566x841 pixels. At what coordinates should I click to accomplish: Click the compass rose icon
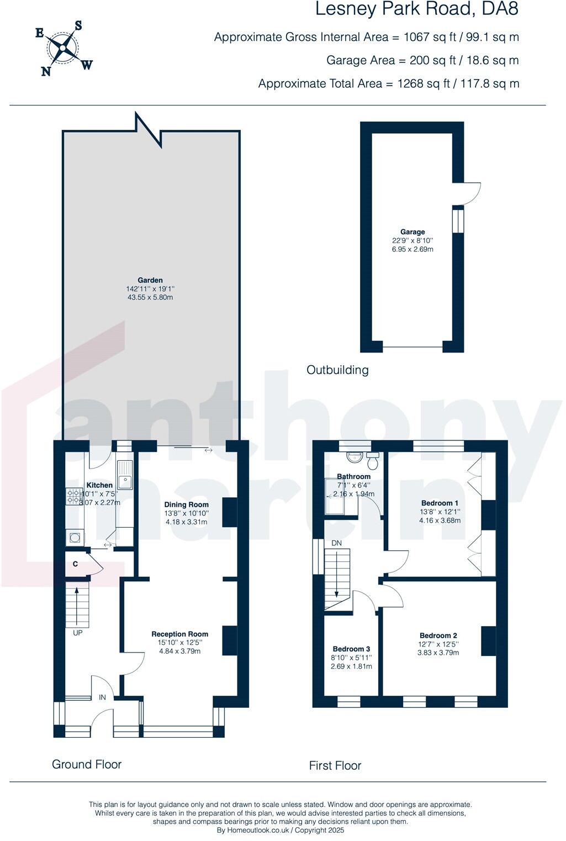(64, 49)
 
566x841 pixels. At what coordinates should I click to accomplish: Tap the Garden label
(150, 280)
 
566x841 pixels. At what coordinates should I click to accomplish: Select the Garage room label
(412, 232)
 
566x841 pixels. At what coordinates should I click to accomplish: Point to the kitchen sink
(125, 475)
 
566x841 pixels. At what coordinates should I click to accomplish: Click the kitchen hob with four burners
(73, 496)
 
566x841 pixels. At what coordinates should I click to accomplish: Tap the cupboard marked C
(75, 564)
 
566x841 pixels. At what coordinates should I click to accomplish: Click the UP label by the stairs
(77, 633)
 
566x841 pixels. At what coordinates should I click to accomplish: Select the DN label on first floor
(336, 543)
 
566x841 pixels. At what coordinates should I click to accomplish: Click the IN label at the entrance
(102, 697)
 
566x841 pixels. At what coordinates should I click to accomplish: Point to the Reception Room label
(180, 634)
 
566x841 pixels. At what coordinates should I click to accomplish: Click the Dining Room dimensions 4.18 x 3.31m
(186, 522)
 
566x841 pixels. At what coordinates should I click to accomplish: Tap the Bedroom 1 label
(440, 503)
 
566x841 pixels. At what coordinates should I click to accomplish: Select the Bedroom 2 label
(438, 635)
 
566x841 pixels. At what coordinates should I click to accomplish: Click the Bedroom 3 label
(351, 649)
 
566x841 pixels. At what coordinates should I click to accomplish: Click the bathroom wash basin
(353, 458)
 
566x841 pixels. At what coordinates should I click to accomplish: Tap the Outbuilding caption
(337, 370)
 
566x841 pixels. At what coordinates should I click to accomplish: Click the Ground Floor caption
(87, 764)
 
